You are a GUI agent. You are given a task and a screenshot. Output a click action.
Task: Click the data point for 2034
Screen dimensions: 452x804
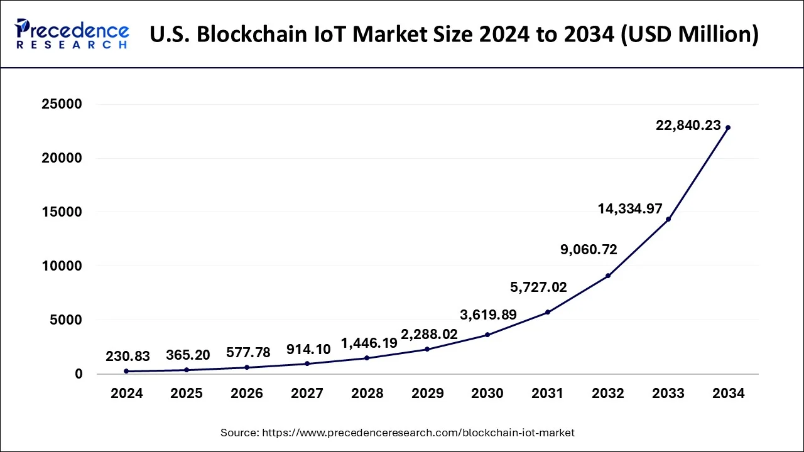(x=728, y=127)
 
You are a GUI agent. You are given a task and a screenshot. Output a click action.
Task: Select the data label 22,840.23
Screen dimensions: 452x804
(x=688, y=126)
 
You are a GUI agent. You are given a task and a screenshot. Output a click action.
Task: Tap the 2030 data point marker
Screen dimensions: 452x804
(x=487, y=335)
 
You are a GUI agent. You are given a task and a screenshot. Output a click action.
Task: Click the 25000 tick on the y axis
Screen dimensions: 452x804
(x=62, y=104)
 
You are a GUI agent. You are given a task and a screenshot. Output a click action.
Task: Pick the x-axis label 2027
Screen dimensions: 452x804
(x=307, y=394)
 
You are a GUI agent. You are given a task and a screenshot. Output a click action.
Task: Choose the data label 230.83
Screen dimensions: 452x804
(x=128, y=356)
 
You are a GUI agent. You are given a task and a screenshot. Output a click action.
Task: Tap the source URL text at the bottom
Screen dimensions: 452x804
(x=397, y=433)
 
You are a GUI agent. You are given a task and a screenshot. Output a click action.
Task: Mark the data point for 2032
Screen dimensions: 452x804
(x=608, y=276)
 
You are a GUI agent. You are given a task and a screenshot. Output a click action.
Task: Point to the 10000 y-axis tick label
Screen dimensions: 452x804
(x=62, y=266)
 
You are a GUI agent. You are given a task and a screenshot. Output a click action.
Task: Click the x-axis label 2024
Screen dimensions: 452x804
(x=127, y=394)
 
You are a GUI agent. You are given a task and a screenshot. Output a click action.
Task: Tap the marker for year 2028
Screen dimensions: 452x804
(x=367, y=358)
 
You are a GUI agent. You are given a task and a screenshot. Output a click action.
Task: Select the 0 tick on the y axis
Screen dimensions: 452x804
(x=79, y=374)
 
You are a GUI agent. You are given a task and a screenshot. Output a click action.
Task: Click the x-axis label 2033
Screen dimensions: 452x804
(x=668, y=394)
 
